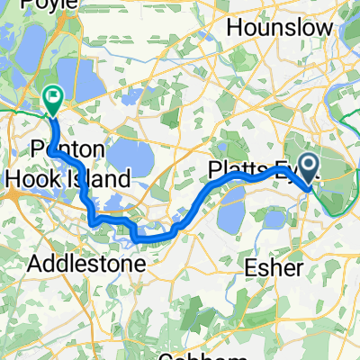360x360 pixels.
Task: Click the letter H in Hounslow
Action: coord(234,28)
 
